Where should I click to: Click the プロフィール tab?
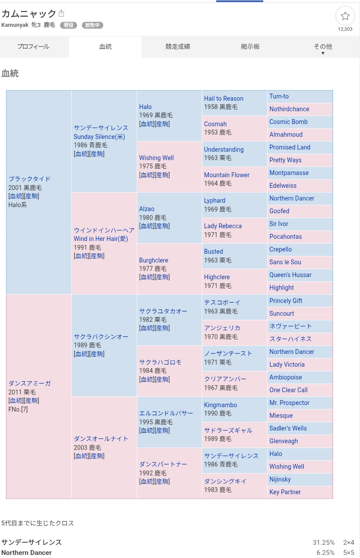33,47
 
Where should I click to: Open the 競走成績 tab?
178,47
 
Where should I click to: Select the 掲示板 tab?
250,47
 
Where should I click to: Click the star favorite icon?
345,16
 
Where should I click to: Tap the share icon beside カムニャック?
62,13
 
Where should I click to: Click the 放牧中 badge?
92,25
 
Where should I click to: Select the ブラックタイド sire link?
29,179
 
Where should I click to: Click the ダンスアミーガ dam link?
29,383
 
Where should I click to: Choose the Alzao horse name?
147,209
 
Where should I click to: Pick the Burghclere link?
153,260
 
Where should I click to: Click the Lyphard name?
215,201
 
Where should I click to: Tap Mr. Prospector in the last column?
289,403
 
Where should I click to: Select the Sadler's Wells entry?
288,428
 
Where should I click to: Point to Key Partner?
285,492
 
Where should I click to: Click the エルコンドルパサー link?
166,413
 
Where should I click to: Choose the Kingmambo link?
220,405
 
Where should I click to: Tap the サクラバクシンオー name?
101,337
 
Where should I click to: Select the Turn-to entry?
279,96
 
